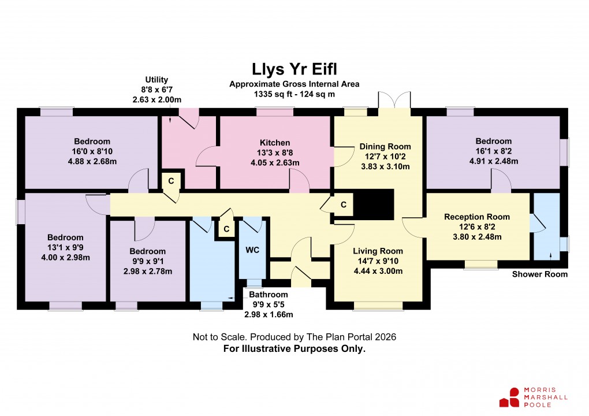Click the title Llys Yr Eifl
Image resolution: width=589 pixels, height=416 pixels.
pyautogui.click(x=294, y=69)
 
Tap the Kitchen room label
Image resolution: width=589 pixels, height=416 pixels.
pyautogui.click(x=274, y=143)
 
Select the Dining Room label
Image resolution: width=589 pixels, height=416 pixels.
pyautogui.click(x=385, y=147)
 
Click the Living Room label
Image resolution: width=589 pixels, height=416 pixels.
pyautogui.click(x=378, y=251)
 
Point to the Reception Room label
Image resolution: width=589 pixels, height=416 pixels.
pyautogui.click(x=477, y=217)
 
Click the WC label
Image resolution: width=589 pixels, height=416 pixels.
pyautogui.click(x=252, y=251)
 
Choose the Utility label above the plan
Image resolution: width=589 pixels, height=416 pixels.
pyautogui.click(x=156, y=80)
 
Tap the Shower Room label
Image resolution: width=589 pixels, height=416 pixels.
pyautogui.click(x=539, y=274)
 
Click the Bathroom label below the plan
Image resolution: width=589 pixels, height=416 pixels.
pyautogui.click(x=268, y=294)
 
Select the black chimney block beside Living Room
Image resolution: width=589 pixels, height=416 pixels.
pyautogui.click(x=373, y=204)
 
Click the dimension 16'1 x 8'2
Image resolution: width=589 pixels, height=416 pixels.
pyautogui.click(x=493, y=151)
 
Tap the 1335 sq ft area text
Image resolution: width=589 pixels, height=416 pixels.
pyautogui.click(x=294, y=94)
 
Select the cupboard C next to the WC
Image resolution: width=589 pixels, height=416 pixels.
pyautogui.click(x=226, y=229)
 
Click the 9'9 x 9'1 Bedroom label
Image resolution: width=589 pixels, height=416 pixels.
pyautogui.click(x=147, y=251)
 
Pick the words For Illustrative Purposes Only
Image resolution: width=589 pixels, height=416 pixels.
pyautogui.click(x=294, y=348)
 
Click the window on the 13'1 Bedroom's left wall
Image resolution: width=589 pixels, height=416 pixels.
pyautogui.click(x=20, y=211)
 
